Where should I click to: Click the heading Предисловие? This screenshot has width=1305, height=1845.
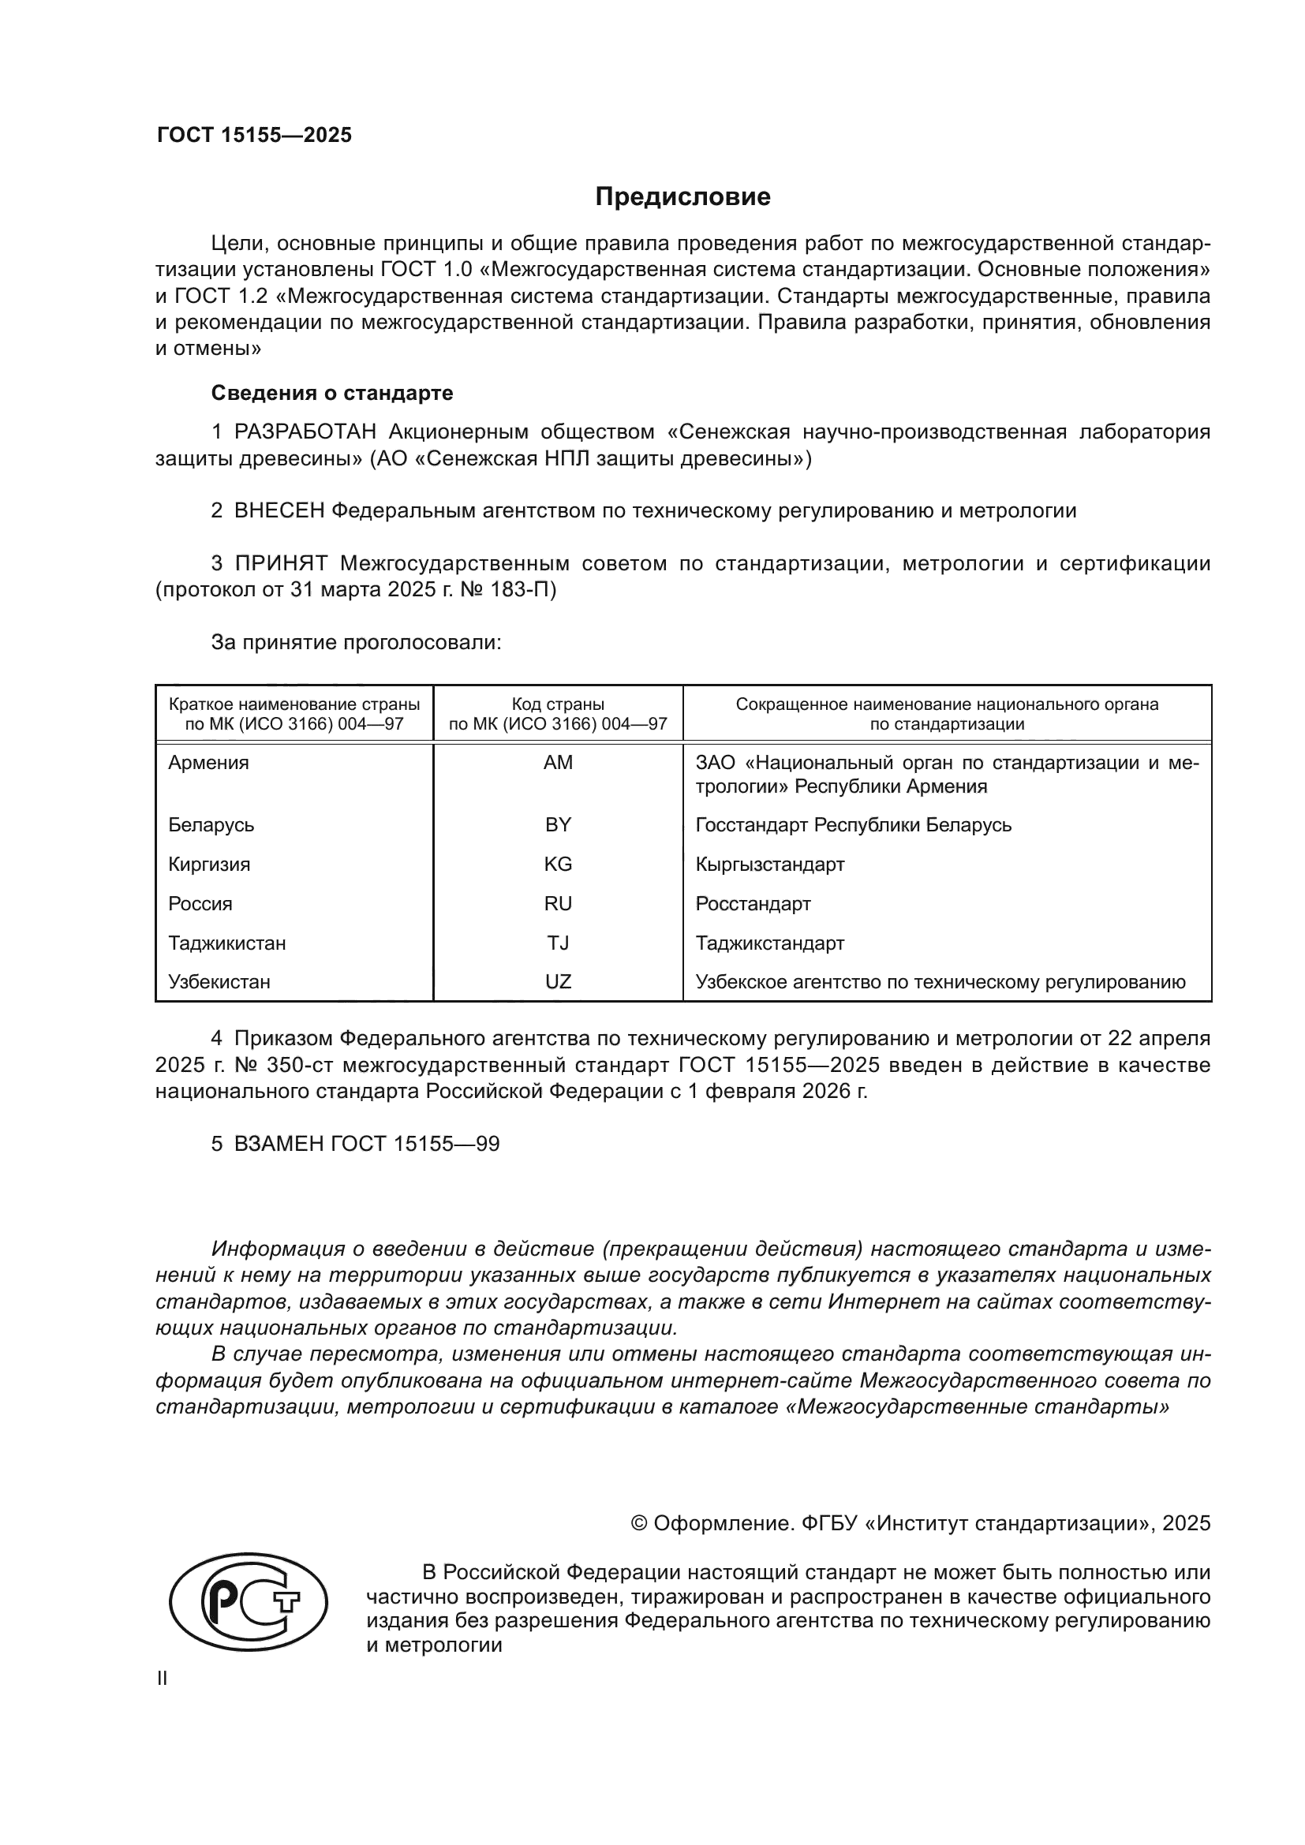pos(682,197)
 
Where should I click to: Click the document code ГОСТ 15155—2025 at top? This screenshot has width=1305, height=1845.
pos(254,135)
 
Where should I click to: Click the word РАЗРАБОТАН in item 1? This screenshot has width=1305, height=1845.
pos(305,432)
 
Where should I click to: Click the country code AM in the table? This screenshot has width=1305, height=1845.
pos(558,763)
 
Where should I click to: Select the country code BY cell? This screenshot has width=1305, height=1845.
pos(558,824)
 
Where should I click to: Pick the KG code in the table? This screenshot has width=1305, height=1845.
pos(558,864)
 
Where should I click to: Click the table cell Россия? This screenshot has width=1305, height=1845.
pos(200,903)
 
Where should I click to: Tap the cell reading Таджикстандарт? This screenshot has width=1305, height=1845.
pos(769,943)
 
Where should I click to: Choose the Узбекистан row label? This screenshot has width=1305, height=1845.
pos(219,982)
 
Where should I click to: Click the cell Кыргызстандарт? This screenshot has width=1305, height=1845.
pos(769,864)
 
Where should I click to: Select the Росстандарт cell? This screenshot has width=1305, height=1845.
pos(752,903)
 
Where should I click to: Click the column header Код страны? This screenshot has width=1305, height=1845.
pos(558,704)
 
